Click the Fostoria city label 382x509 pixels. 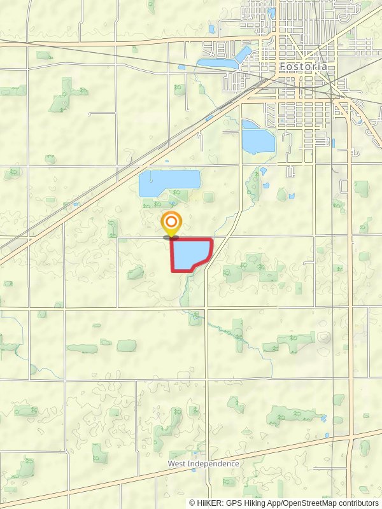tap(304, 66)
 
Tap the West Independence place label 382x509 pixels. tap(204, 464)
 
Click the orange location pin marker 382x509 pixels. tap(171, 225)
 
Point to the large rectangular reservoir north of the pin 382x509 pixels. tap(169, 183)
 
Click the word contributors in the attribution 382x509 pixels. tap(355, 503)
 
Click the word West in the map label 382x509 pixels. tap(176, 464)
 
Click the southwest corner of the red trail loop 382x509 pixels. tap(173, 271)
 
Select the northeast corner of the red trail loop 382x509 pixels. tap(211, 240)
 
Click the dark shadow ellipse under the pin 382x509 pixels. tap(171, 237)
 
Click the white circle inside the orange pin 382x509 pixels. tap(171, 223)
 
